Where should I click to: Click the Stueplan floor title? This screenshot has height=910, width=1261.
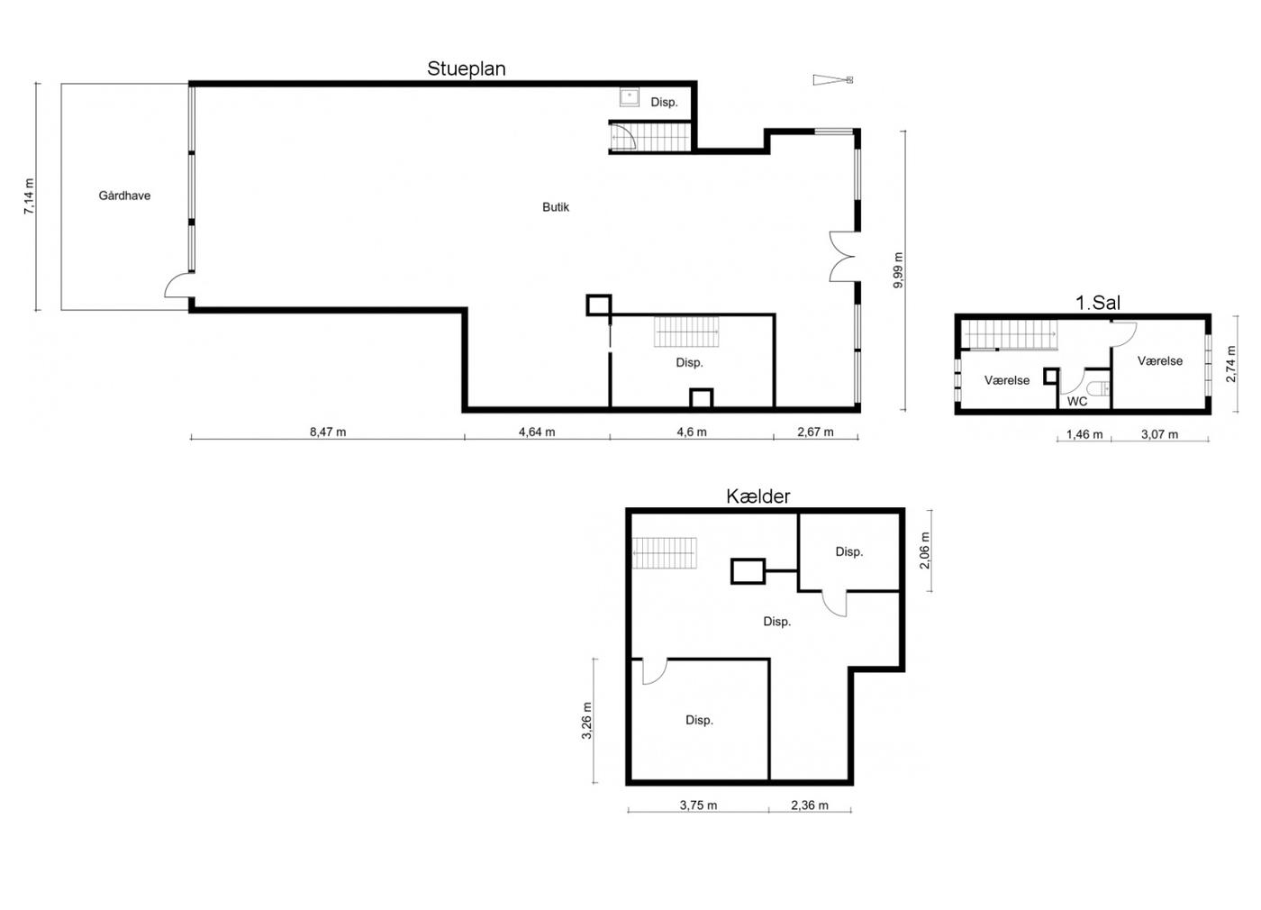(467, 68)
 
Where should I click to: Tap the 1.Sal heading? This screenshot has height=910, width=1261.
(1098, 303)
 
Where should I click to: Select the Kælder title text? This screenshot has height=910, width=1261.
(758, 496)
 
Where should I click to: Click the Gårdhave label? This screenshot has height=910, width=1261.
(124, 196)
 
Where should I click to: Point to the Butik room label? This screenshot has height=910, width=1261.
(556, 207)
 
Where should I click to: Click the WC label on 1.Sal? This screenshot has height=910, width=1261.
(1077, 402)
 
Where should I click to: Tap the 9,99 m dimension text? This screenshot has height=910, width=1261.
(899, 270)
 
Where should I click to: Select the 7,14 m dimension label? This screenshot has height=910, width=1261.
(29, 196)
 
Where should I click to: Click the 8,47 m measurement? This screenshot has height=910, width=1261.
(328, 432)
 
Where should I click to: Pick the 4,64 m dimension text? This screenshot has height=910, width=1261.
(537, 432)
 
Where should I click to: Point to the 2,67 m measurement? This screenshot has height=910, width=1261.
(815, 432)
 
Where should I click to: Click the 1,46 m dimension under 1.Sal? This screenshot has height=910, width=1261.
(1084, 434)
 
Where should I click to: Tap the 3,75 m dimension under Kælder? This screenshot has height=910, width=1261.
(698, 805)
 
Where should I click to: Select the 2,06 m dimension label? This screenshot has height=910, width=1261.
(925, 551)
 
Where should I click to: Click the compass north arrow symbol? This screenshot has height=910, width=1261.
(833, 80)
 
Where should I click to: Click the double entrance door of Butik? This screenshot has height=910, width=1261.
(843, 257)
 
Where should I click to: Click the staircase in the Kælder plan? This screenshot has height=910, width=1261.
(665, 553)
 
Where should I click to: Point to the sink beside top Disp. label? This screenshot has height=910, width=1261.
(630, 97)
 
